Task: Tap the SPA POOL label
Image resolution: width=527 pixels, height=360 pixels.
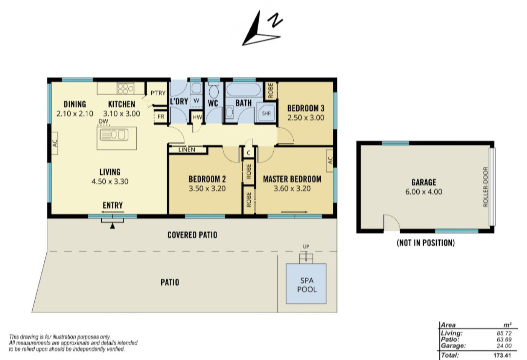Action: pyautogui.click(x=307, y=285)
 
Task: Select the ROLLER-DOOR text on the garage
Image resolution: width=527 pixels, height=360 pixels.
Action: pyautogui.click(x=485, y=187)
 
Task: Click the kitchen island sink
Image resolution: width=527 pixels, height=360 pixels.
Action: pyautogui.click(x=113, y=135)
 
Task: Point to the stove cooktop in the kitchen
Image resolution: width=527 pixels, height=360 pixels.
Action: pyautogui.click(x=125, y=88)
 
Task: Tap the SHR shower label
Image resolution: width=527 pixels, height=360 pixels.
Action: pyautogui.click(x=267, y=113)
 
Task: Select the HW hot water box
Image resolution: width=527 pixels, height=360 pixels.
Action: pyautogui.click(x=197, y=117)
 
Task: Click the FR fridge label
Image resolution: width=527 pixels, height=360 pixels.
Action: pyautogui.click(x=161, y=117)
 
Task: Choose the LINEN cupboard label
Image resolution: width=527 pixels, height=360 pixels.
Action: pyautogui.click(x=187, y=150)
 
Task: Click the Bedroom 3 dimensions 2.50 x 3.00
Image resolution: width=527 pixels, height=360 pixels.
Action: pyautogui.click(x=306, y=117)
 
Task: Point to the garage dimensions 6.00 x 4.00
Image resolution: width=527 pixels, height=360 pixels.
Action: pyautogui.click(x=423, y=192)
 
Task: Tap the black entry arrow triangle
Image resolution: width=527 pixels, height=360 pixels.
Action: pyautogui.click(x=112, y=226)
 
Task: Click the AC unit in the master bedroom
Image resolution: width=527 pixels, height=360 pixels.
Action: pyautogui.click(x=330, y=160)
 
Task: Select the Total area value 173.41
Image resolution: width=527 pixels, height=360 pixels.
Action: pyautogui.click(x=502, y=355)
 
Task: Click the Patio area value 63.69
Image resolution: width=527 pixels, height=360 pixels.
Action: pyautogui.click(x=504, y=340)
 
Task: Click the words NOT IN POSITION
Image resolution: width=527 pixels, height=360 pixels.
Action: pyautogui.click(x=425, y=243)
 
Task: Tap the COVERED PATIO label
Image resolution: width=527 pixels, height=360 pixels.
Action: pyautogui.click(x=192, y=235)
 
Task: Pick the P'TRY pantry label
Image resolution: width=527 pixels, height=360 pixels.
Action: pyautogui.click(x=158, y=93)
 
